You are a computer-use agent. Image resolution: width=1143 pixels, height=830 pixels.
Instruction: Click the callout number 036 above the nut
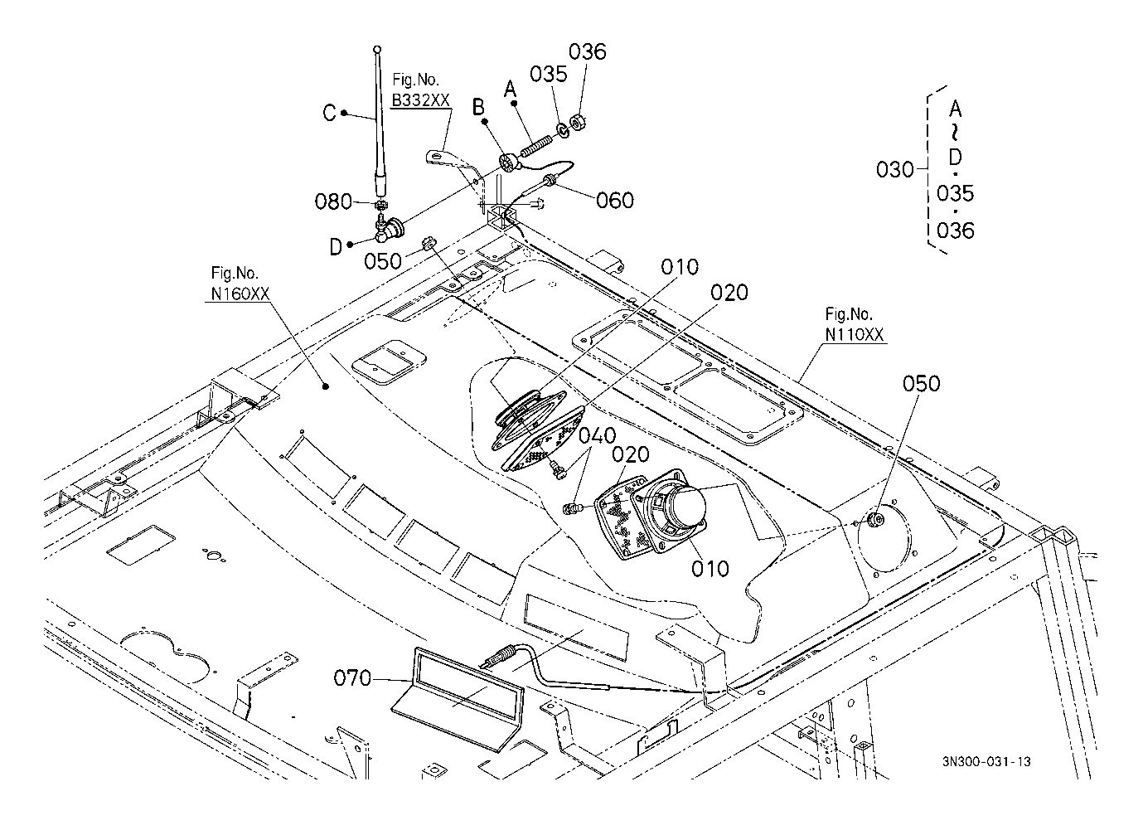pos(588,51)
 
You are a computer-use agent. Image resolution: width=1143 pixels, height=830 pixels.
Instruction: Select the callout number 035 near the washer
pos(549,75)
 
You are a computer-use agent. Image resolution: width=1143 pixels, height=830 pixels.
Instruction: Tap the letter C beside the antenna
pos(330,113)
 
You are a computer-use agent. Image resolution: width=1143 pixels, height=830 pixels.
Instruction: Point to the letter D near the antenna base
pos(335,247)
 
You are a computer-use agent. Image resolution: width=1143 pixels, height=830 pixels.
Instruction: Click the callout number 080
pos(333,201)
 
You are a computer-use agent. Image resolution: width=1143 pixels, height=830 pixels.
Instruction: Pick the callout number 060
pos(615,201)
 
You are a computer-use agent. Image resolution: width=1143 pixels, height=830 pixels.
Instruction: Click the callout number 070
pos(352,678)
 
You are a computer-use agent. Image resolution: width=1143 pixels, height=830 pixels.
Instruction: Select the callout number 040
pos(597,436)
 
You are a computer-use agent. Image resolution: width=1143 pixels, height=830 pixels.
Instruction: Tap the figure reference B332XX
pos(420,100)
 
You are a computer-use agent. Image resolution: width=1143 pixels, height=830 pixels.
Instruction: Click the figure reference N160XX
pos(240,294)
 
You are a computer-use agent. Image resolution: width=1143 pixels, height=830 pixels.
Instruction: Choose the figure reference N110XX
pos(855,334)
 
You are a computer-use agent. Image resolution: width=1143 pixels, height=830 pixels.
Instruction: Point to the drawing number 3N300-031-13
pos(986,762)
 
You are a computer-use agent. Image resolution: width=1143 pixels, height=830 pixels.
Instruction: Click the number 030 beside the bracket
pos(895,169)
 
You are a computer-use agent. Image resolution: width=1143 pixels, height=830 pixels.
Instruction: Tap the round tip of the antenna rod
pos(377,50)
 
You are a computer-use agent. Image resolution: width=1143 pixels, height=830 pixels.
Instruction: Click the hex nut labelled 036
pos(578,123)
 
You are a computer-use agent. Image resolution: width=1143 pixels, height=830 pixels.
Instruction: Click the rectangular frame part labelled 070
pos(458,700)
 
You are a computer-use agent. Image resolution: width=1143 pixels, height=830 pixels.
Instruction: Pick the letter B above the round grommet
pos(478,108)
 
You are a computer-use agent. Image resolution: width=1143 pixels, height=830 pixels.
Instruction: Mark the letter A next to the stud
pos(511,90)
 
